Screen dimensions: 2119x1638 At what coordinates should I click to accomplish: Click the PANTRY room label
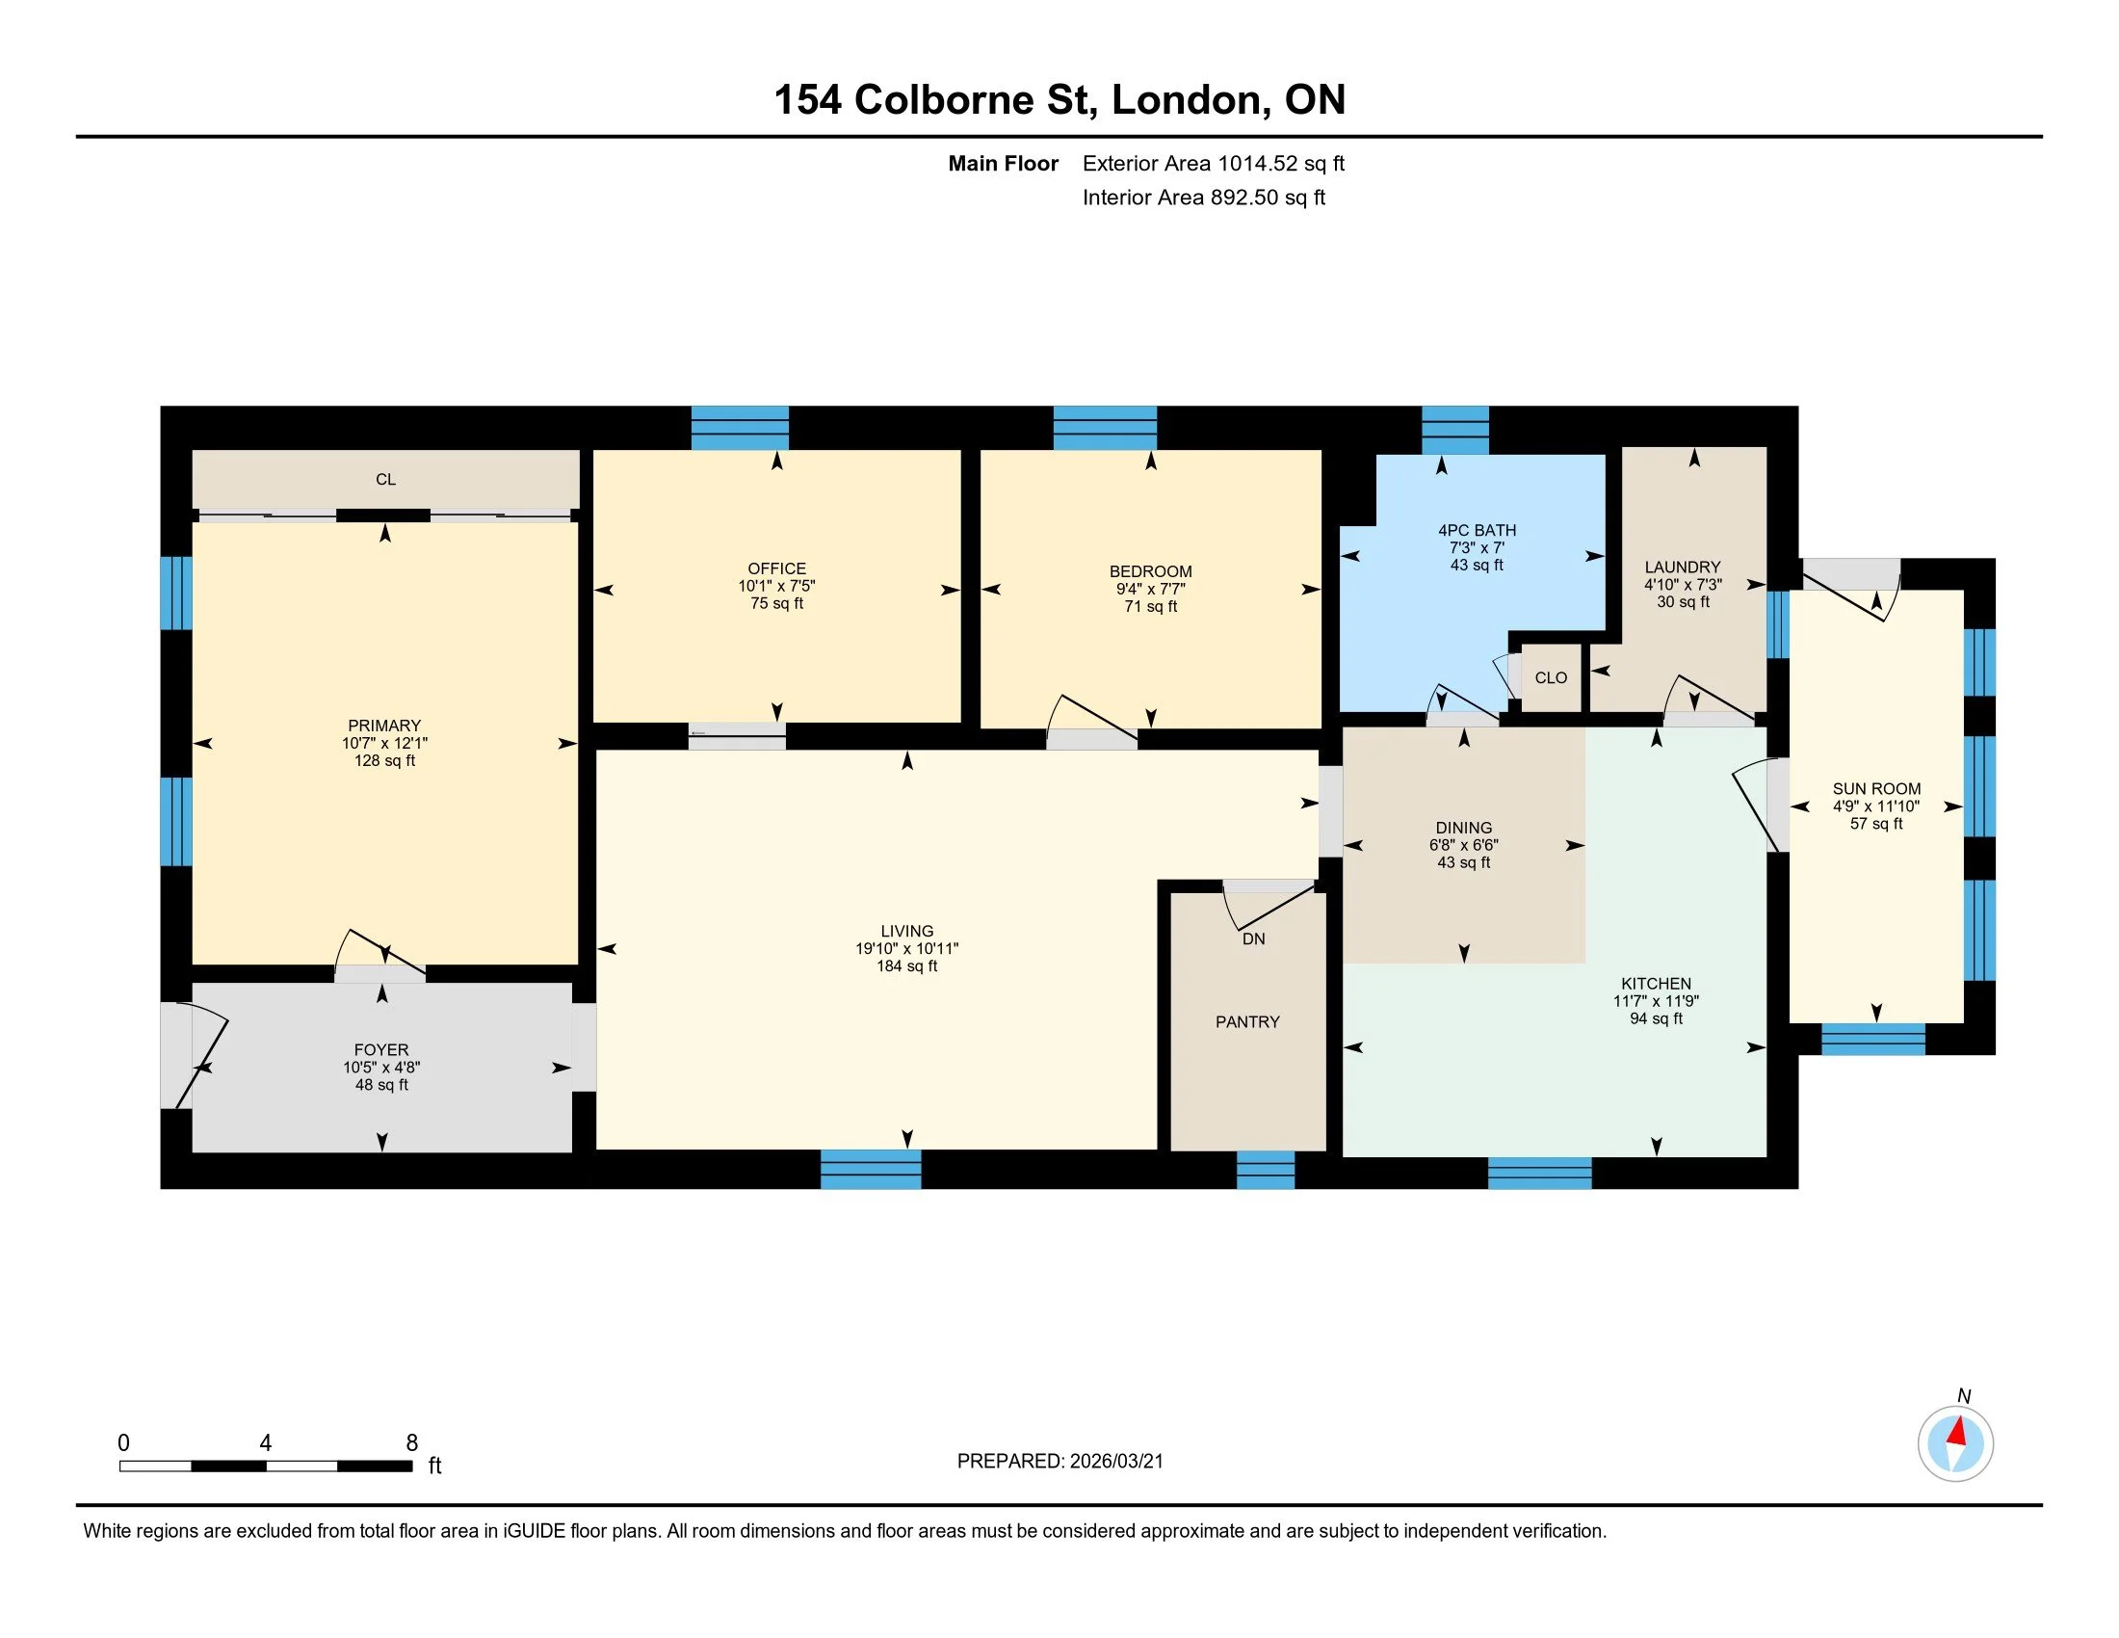(x=1246, y=1021)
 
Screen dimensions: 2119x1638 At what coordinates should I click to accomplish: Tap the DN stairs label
(x=1253, y=939)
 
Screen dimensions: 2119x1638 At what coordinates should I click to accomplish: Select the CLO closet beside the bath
(x=1551, y=677)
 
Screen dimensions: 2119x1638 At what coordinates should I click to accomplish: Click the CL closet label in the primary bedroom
(x=385, y=480)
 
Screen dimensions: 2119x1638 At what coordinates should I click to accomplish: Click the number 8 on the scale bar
(x=411, y=1443)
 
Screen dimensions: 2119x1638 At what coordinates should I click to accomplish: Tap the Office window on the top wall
(x=740, y=428)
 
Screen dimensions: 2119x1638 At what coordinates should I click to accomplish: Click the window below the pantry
(x=1266, y=1171)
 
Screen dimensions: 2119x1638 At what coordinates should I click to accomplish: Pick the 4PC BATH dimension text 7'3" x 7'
(x=1477, y=548)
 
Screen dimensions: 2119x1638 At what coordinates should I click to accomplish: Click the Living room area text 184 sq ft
(x=907, y=966)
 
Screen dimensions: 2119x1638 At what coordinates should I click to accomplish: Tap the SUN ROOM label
(x=1876, y=789)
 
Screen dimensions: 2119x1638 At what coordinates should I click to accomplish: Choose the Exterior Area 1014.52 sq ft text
(x=1214, y=163)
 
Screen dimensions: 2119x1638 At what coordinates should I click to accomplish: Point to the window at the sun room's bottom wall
(x=1872, y=1040)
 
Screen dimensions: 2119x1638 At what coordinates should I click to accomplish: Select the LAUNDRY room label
(x=1683, y=568)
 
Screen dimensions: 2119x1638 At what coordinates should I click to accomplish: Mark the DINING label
(x=1463, y=828)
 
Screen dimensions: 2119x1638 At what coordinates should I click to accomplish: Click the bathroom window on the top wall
(x=1455, y=430)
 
